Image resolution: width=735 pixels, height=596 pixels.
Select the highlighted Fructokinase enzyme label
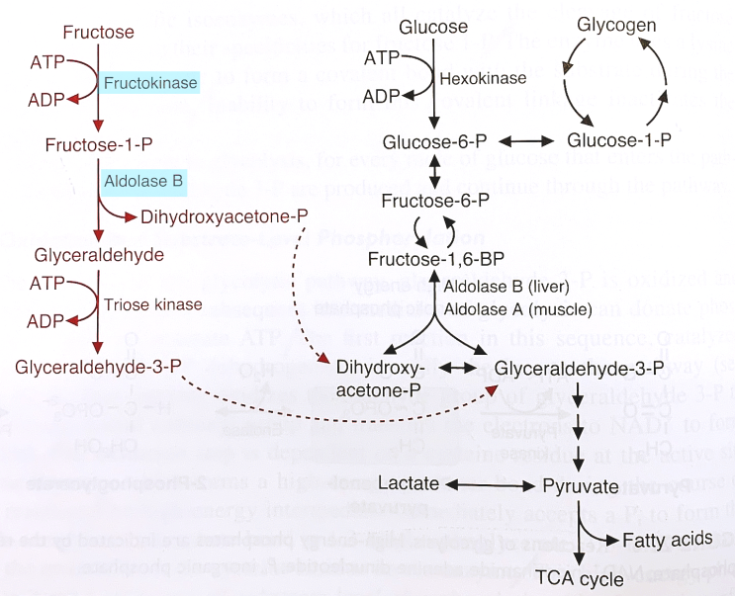(150, 83)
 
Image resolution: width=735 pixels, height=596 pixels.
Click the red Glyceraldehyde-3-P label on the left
(98, 367)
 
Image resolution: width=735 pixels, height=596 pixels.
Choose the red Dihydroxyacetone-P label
(225, 215)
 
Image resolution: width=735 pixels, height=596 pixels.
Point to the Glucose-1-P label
(619, 140)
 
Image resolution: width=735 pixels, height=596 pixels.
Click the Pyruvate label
(581, 486)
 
